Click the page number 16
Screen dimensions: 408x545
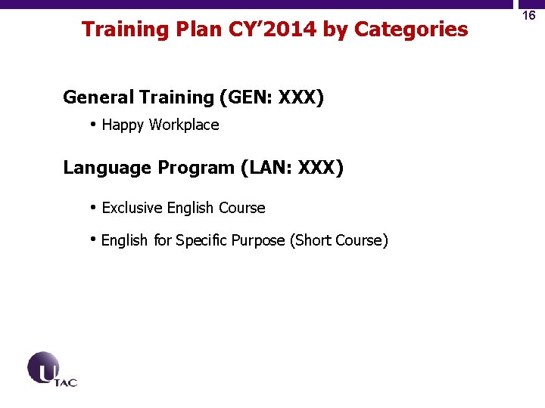[x=529, y=15]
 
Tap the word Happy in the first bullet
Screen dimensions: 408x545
[x=123, y=125]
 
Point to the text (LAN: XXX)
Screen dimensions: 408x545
[x=291, y=168]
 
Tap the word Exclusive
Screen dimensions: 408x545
[x=132, y=208]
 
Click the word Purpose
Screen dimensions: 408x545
[x=259, y=241]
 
